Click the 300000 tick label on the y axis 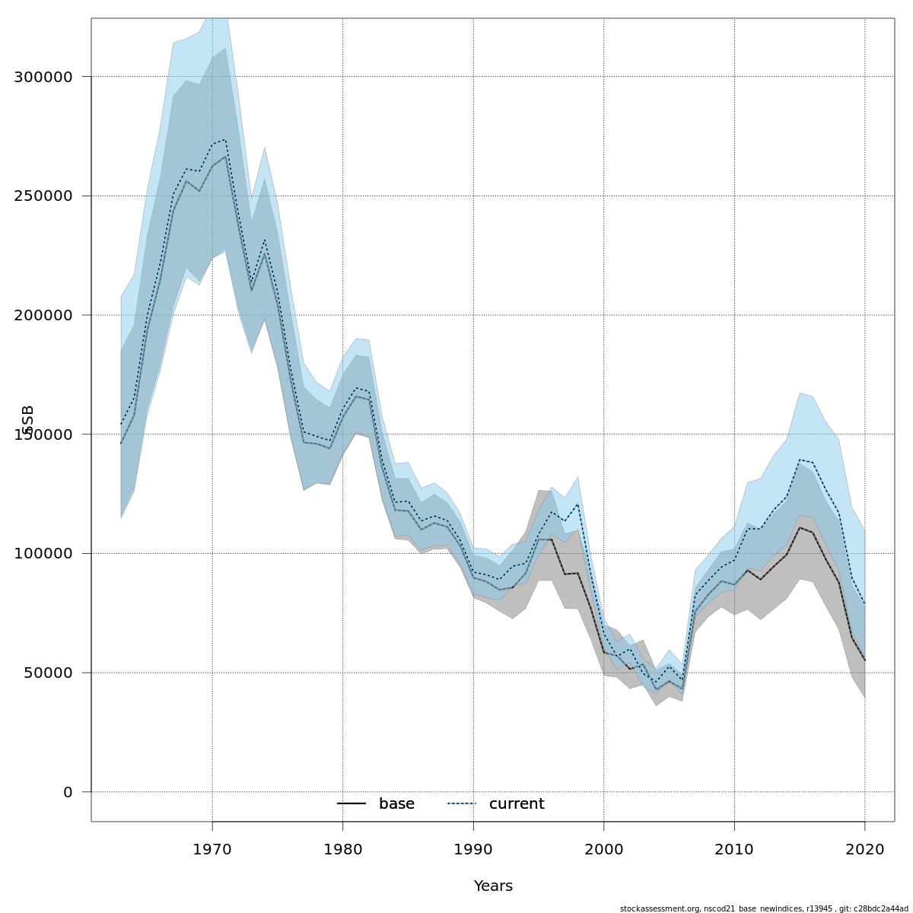point(43,77)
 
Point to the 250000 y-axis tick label point(43,196)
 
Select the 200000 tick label point(43,315)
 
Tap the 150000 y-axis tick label point(43,434)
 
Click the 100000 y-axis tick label point(43,554)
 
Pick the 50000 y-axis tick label point(48,673)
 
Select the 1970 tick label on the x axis point(212,849)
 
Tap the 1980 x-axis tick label point(342,849)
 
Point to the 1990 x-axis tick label point(473,849)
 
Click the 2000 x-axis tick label point(604,849)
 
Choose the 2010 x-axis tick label point(734,849)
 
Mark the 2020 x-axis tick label point(865,849)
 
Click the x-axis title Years point(493,886)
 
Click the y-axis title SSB point(29,420)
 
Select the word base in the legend point(396,804)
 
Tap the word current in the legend point(517,804)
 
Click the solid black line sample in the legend point(352,804)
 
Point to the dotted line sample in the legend point(462,804)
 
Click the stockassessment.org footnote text point(764,908)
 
